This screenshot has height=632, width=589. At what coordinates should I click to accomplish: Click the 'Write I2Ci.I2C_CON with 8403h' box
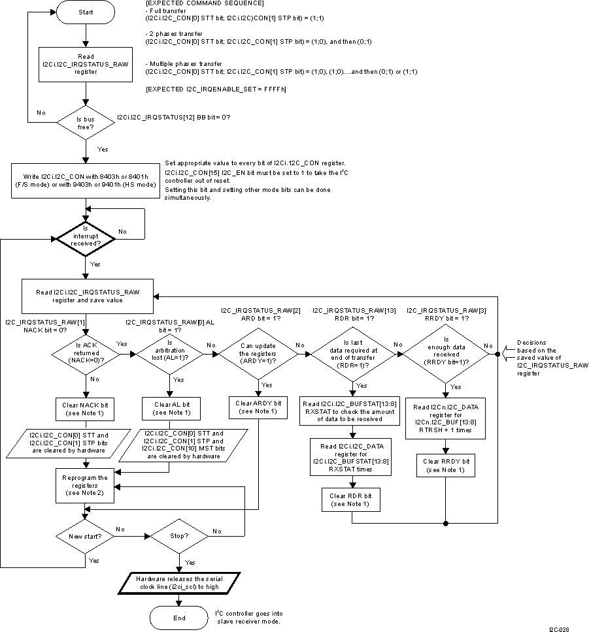[x=86, y=180]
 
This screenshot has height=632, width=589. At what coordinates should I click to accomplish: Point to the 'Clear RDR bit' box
[x=352, y=500]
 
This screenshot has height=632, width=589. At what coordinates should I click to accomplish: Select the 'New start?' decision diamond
[x=86, y=537]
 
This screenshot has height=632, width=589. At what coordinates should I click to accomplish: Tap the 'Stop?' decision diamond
[x=179, y=537]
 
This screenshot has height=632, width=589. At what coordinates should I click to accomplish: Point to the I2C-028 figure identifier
[x=558, y=629]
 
